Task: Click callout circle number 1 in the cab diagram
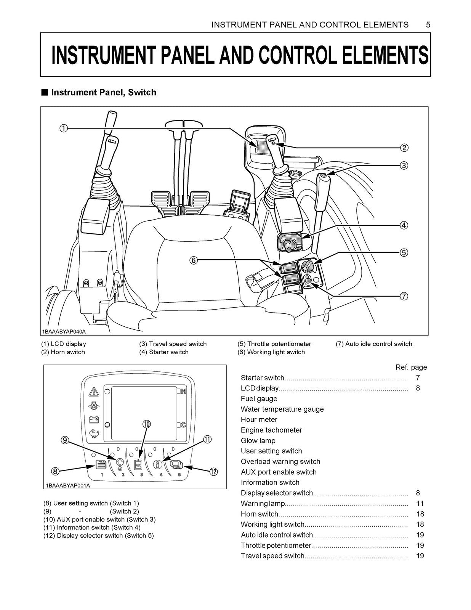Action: pos(64,128)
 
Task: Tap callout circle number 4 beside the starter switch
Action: pos(404,225)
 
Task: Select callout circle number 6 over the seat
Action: pos(194,260)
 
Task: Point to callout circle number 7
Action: pos(404,296)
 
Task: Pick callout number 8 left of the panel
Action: pos(56,472)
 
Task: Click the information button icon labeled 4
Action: pos(157,465)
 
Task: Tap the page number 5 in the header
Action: pos(428,25)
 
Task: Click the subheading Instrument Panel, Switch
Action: pos(103,92)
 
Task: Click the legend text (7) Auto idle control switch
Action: pos(374,344)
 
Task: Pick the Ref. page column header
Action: pos(411,367)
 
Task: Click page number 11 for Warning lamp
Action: pos(420,503)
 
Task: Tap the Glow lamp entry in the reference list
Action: pos(258,440)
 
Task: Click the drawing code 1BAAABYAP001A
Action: pos(68,486)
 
